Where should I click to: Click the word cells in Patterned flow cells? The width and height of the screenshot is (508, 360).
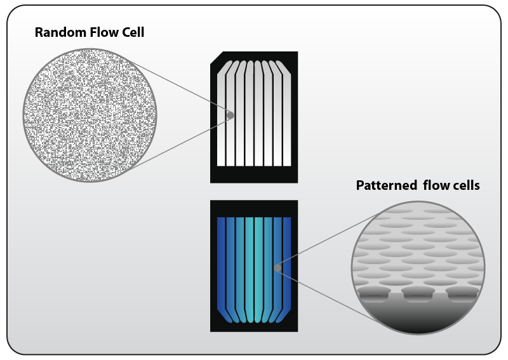click(463, 186)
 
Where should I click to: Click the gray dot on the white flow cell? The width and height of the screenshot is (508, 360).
click(231, 116)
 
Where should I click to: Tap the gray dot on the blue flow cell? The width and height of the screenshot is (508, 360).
click(277, 268)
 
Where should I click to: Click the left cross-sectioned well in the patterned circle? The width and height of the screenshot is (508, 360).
click(374, 293)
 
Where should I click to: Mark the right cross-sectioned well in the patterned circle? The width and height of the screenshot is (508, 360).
click(462, 293)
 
